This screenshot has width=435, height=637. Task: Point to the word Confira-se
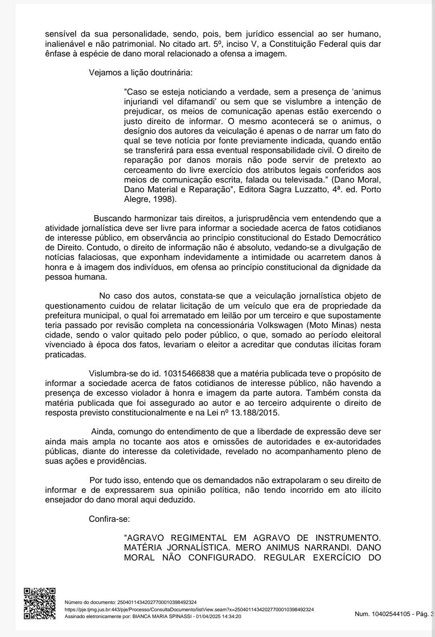[109, 519]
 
